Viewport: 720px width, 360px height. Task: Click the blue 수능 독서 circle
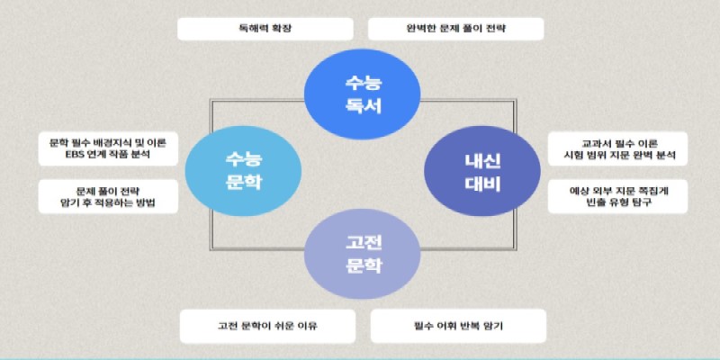363,94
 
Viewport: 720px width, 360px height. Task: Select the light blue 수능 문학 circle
243,171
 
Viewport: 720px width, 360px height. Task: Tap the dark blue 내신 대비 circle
482,171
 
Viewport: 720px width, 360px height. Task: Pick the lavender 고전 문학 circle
363,254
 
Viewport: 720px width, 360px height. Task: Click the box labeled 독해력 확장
265,29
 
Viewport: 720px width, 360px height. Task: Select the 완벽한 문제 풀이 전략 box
456,29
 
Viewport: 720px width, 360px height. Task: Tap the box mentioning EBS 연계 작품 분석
108,148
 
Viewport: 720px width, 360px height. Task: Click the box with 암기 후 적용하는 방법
108,196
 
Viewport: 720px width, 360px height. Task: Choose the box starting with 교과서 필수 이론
618,148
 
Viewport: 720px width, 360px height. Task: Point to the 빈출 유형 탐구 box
618,196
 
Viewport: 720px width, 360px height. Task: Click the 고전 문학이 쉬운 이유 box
267,326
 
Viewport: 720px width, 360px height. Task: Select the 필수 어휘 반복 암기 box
458,326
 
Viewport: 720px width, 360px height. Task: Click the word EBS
76,155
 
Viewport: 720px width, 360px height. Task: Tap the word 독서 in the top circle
364,106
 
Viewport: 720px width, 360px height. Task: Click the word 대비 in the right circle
482,184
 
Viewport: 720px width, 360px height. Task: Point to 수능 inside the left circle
243,159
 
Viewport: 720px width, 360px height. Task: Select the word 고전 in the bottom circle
364,242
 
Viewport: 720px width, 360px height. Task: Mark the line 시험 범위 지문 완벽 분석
619,155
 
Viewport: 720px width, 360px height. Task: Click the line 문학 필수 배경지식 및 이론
108,143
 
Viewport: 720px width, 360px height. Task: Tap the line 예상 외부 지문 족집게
618,191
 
